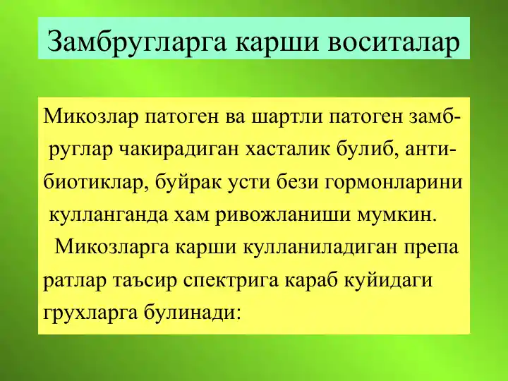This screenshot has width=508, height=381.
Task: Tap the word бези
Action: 298,183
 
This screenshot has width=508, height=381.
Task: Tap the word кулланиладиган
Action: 308,248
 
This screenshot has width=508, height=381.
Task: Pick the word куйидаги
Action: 392,280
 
